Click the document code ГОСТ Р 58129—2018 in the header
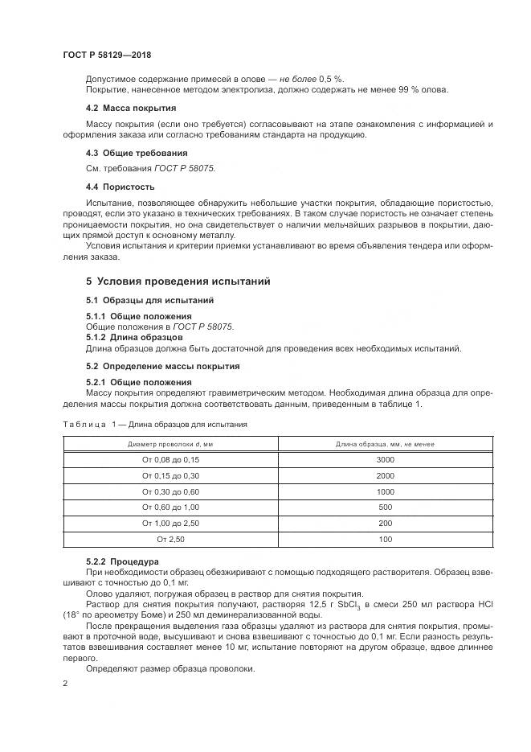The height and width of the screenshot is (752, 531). tap(106, 55)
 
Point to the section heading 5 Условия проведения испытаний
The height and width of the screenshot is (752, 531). tap(178, 281)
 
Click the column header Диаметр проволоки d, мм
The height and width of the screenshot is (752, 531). tap(170, 443)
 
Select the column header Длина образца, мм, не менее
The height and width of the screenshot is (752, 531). tap(384, 443)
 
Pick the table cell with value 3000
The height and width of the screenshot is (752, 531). tap(384, 459)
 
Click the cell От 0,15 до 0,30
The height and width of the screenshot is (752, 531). tap(170, 475)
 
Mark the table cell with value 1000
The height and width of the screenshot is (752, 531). tap(384, 491)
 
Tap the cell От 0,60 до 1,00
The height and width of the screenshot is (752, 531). tap(170, 507)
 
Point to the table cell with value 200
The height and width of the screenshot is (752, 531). tap(384, 524)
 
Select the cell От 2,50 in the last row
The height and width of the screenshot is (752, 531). tap(170, 539)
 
